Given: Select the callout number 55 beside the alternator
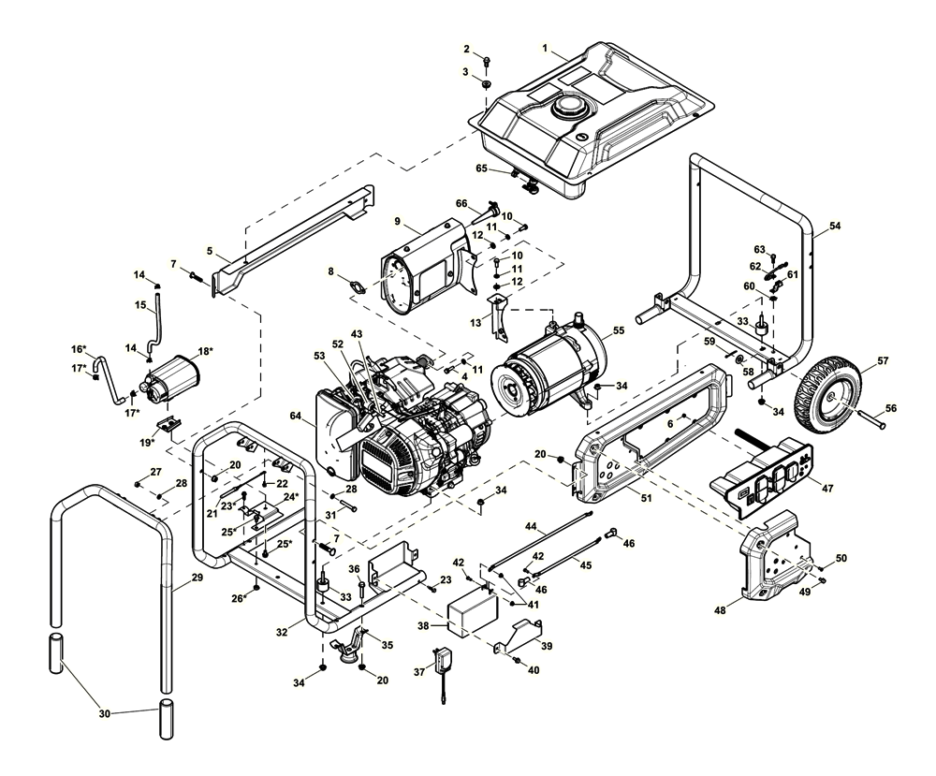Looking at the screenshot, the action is point(619,330).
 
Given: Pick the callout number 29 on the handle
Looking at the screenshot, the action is point(197,578).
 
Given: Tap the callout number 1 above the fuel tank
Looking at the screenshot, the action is point(545,47).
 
